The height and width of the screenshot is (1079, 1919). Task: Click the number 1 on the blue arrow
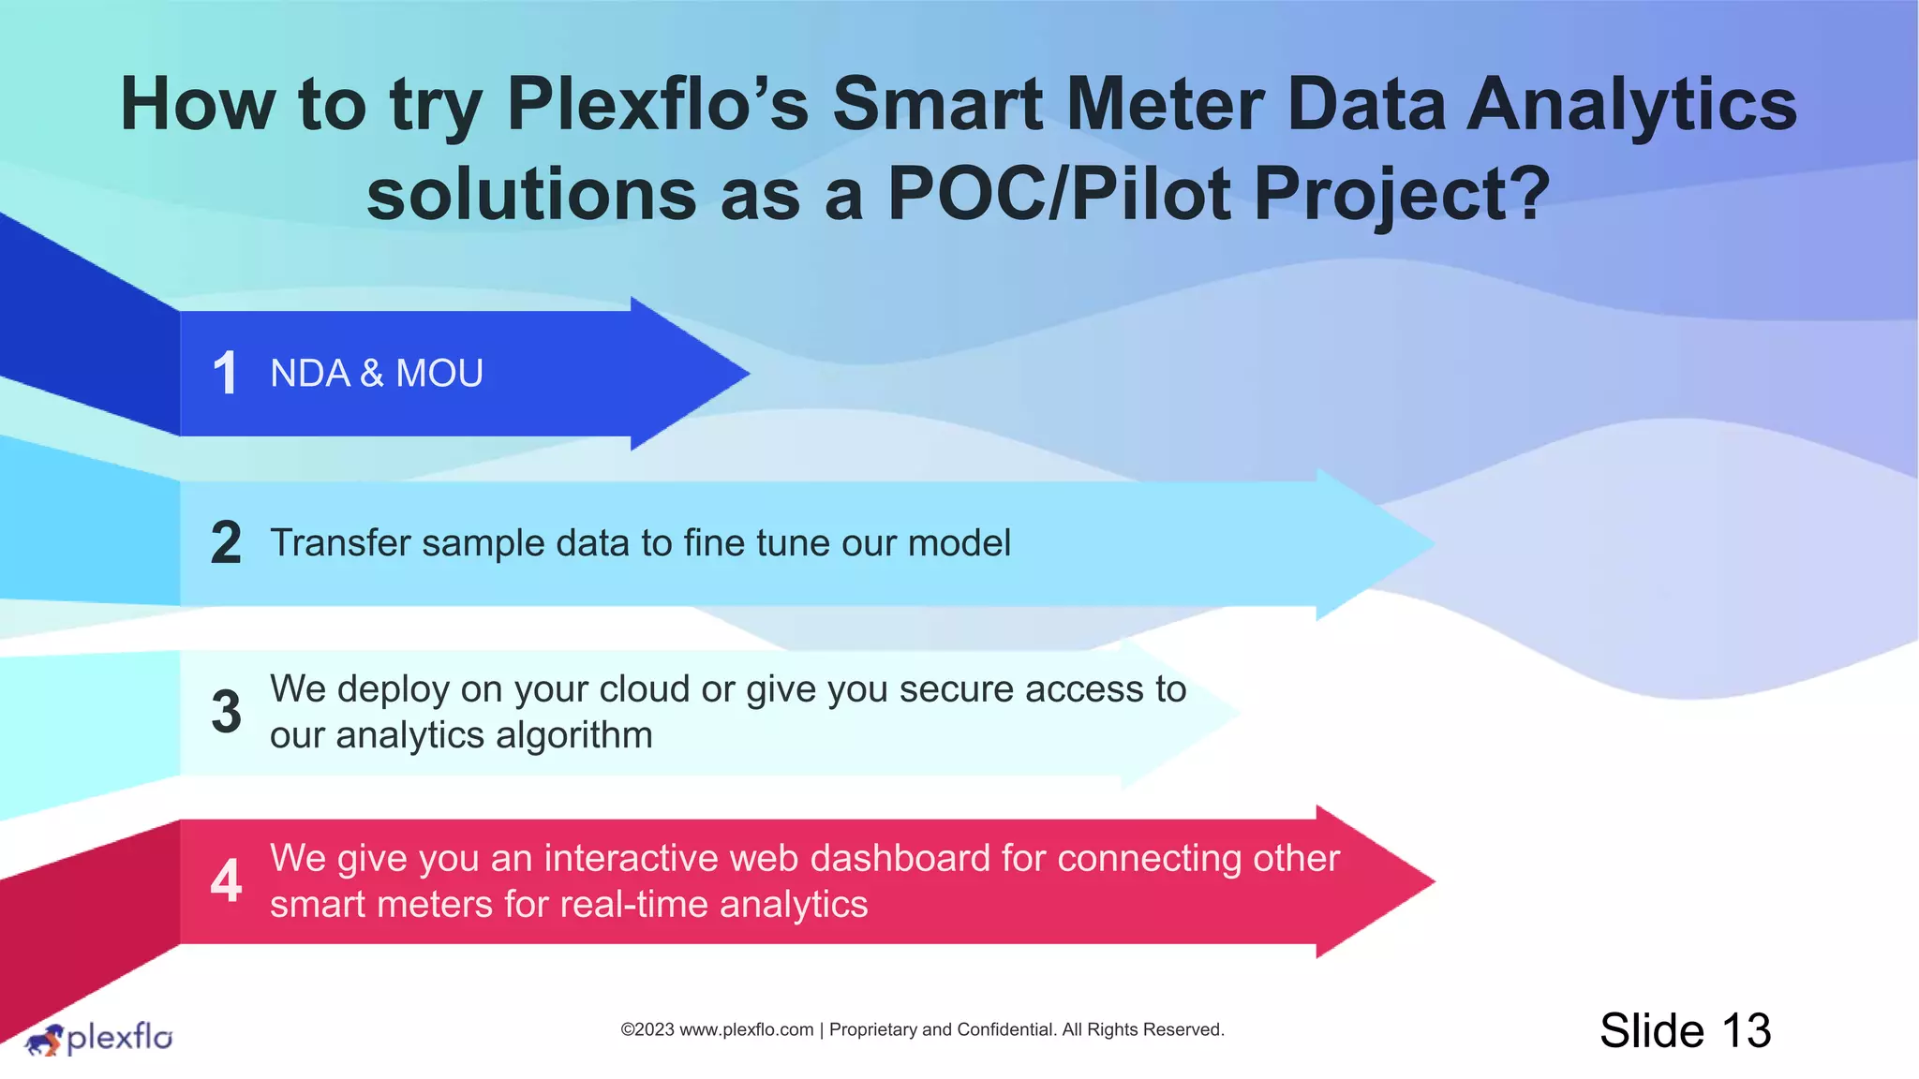point(225,373)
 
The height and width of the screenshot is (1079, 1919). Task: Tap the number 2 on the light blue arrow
point(226,543)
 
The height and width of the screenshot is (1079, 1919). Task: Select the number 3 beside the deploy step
point(226,712)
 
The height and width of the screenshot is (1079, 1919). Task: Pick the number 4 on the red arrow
point(226,880)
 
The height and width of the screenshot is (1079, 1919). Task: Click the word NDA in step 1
point(309,374)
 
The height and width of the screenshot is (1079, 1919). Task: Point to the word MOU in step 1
point(439,374)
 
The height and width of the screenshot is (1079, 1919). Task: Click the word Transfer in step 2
point(340,543)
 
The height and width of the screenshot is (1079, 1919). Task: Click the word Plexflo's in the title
point(657,104)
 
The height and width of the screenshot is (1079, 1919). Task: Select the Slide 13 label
point(1685,1030)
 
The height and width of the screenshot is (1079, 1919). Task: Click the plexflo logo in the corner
point(98,1038)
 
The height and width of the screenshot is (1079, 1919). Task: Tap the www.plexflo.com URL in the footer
point(746,1029)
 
